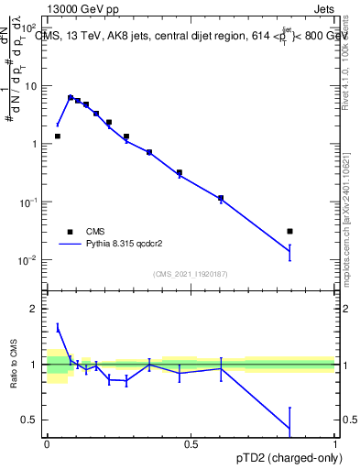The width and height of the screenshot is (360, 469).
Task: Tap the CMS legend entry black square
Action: [69, 232]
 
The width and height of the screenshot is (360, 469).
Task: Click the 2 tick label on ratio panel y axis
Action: [33, 309]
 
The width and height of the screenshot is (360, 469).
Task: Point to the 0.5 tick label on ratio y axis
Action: [28, 420]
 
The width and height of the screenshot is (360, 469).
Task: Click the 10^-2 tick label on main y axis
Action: [27, 260]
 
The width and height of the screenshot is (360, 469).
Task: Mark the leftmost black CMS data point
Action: [57, 136]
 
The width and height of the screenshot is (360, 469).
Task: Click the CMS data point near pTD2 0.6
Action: [221, 198]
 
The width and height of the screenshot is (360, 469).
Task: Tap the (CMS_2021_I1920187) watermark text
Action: [191, 273]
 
